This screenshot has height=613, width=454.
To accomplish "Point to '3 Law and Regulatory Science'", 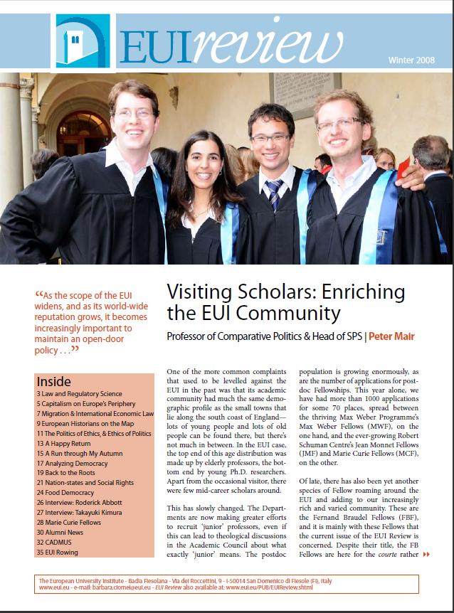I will pos(80,393).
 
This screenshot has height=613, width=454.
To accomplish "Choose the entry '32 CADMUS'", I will pos(58,542).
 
